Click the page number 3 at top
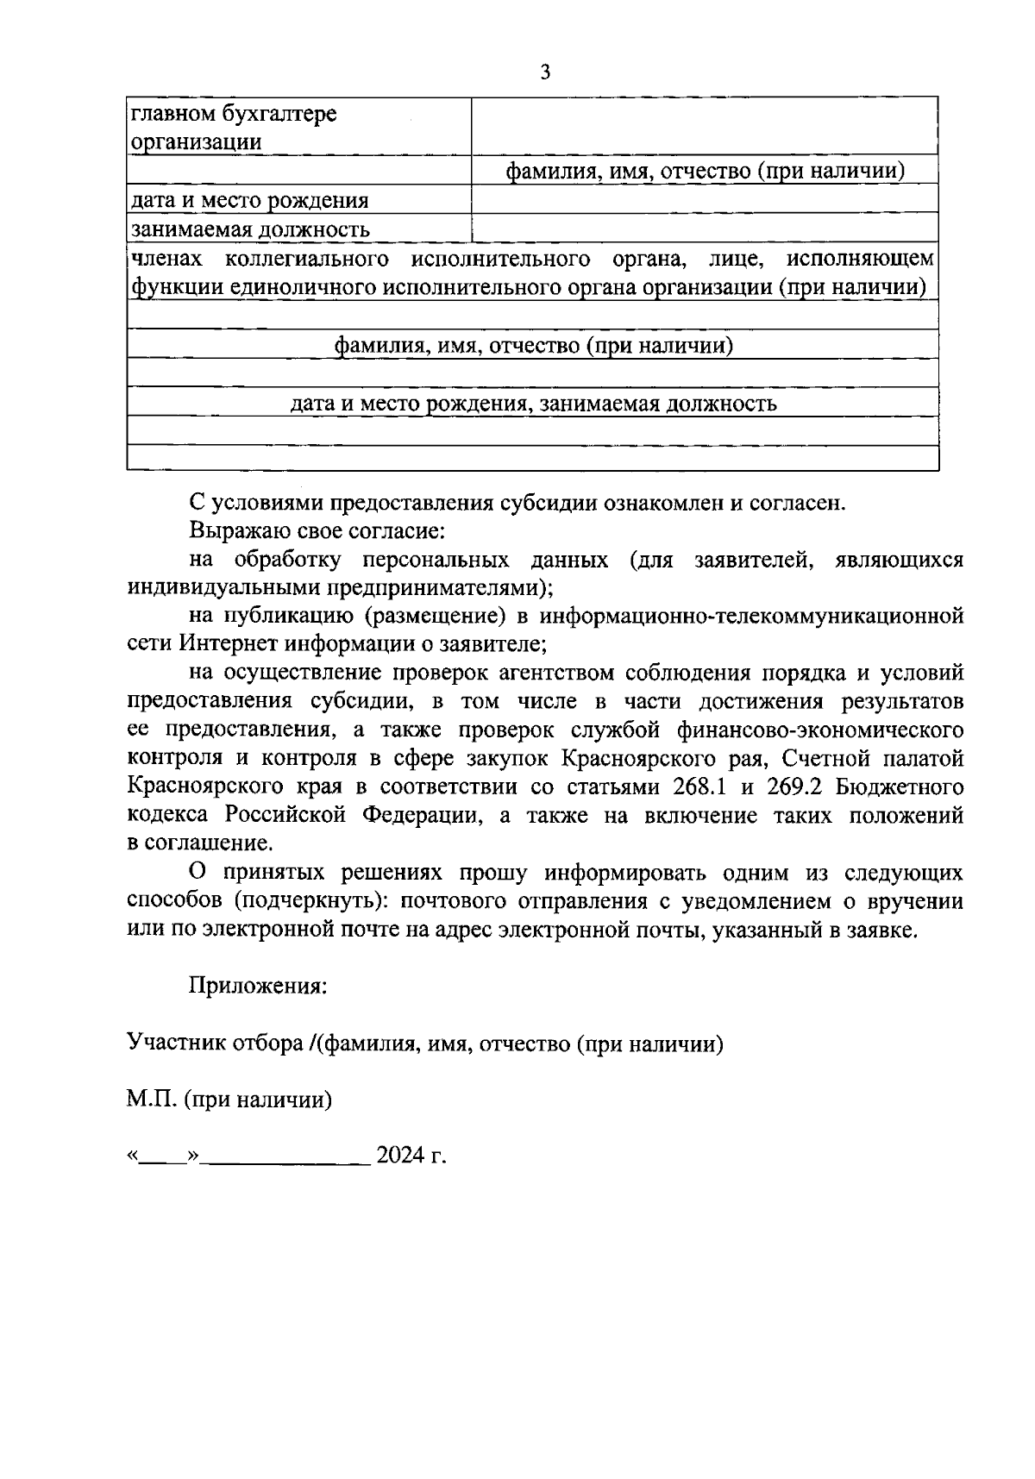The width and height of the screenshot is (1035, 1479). tap(544, 72)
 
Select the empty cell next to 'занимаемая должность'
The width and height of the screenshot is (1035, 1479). tap(704, 228)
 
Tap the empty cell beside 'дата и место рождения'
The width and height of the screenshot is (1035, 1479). tap(704, 199)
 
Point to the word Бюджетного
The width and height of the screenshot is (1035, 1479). tap(905, 787)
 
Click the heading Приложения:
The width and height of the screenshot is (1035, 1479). tap(258, 986)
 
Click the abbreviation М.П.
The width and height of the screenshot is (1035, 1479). tap(152, 1100)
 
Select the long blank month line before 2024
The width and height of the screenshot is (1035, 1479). tap(287, 1158)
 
